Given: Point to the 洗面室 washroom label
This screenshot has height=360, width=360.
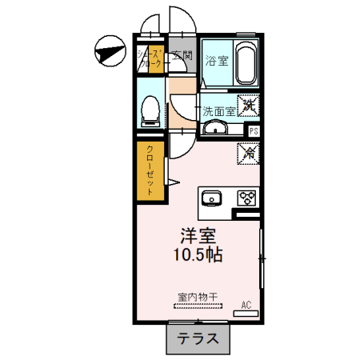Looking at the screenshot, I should (x=218, y=111).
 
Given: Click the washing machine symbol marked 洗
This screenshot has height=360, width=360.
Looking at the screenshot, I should (x=250, y=104).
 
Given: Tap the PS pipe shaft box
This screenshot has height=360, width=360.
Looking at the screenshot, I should (x=254, y=131).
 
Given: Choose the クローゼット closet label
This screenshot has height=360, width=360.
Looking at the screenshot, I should (x=150, y=170).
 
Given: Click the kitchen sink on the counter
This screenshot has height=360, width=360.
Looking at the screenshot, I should (x=214, y=198).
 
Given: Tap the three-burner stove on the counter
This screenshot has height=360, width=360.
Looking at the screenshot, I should (x=245, y=198).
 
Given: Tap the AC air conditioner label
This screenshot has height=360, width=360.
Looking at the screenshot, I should (x=246, y=305).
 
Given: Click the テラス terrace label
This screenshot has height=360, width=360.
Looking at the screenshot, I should (x=198, y=338).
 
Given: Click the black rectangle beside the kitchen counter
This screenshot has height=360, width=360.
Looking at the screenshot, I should (x=246, y=214).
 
